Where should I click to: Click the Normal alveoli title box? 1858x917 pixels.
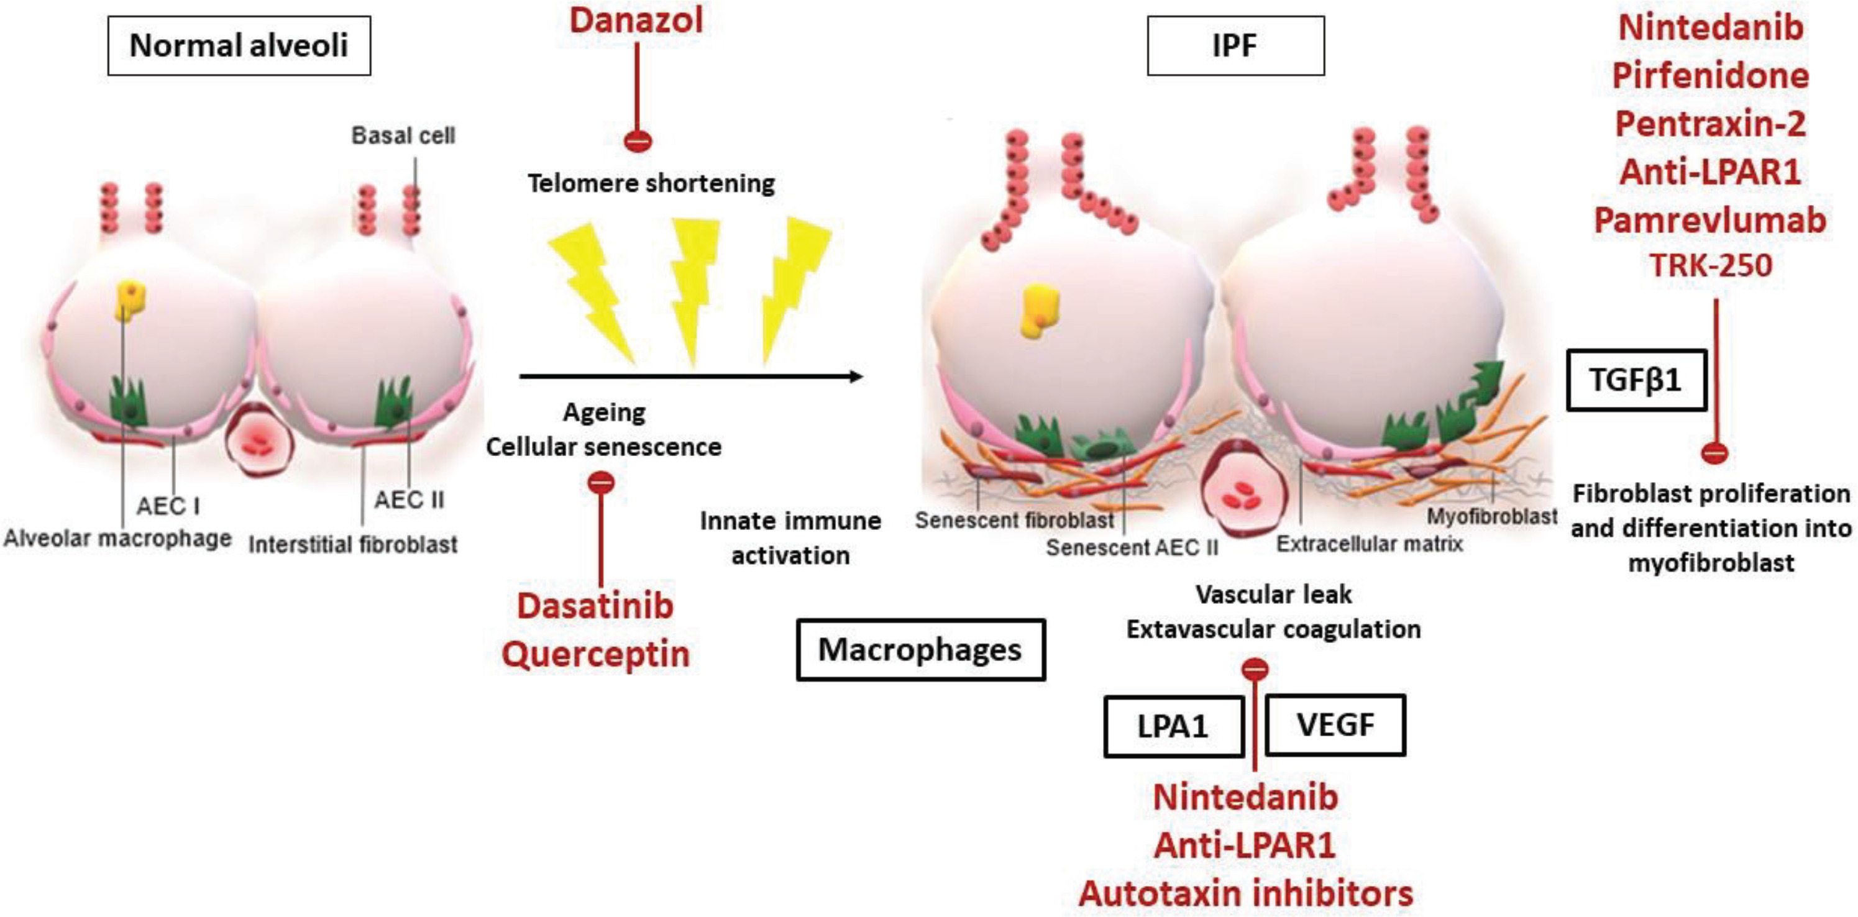click(239, 45)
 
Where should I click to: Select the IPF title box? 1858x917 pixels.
click(1235, 45)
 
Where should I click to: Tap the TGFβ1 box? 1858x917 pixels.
click(1636, 380)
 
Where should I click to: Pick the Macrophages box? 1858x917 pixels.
click(920, 650)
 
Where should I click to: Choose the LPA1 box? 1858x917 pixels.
click(1173, 726)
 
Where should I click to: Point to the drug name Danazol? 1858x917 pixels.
click(636, 19)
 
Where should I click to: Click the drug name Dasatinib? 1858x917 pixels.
click(595, 606)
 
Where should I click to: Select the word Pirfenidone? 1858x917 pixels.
click(1710, 76)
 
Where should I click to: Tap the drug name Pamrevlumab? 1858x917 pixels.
click(1710, 220)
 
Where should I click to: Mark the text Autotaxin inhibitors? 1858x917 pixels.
click(1246, 894)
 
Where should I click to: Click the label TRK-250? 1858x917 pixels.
click(1710, 265)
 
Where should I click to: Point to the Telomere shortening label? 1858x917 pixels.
click(651, 184)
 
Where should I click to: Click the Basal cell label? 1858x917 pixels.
click(403, 135)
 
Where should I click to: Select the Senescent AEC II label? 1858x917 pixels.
click(1132, 548)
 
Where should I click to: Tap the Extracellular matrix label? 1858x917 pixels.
click(1370, 543)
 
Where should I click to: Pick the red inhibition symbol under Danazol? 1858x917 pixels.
click(637, 140)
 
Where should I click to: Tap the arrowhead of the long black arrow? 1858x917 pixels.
click(857, 376)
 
